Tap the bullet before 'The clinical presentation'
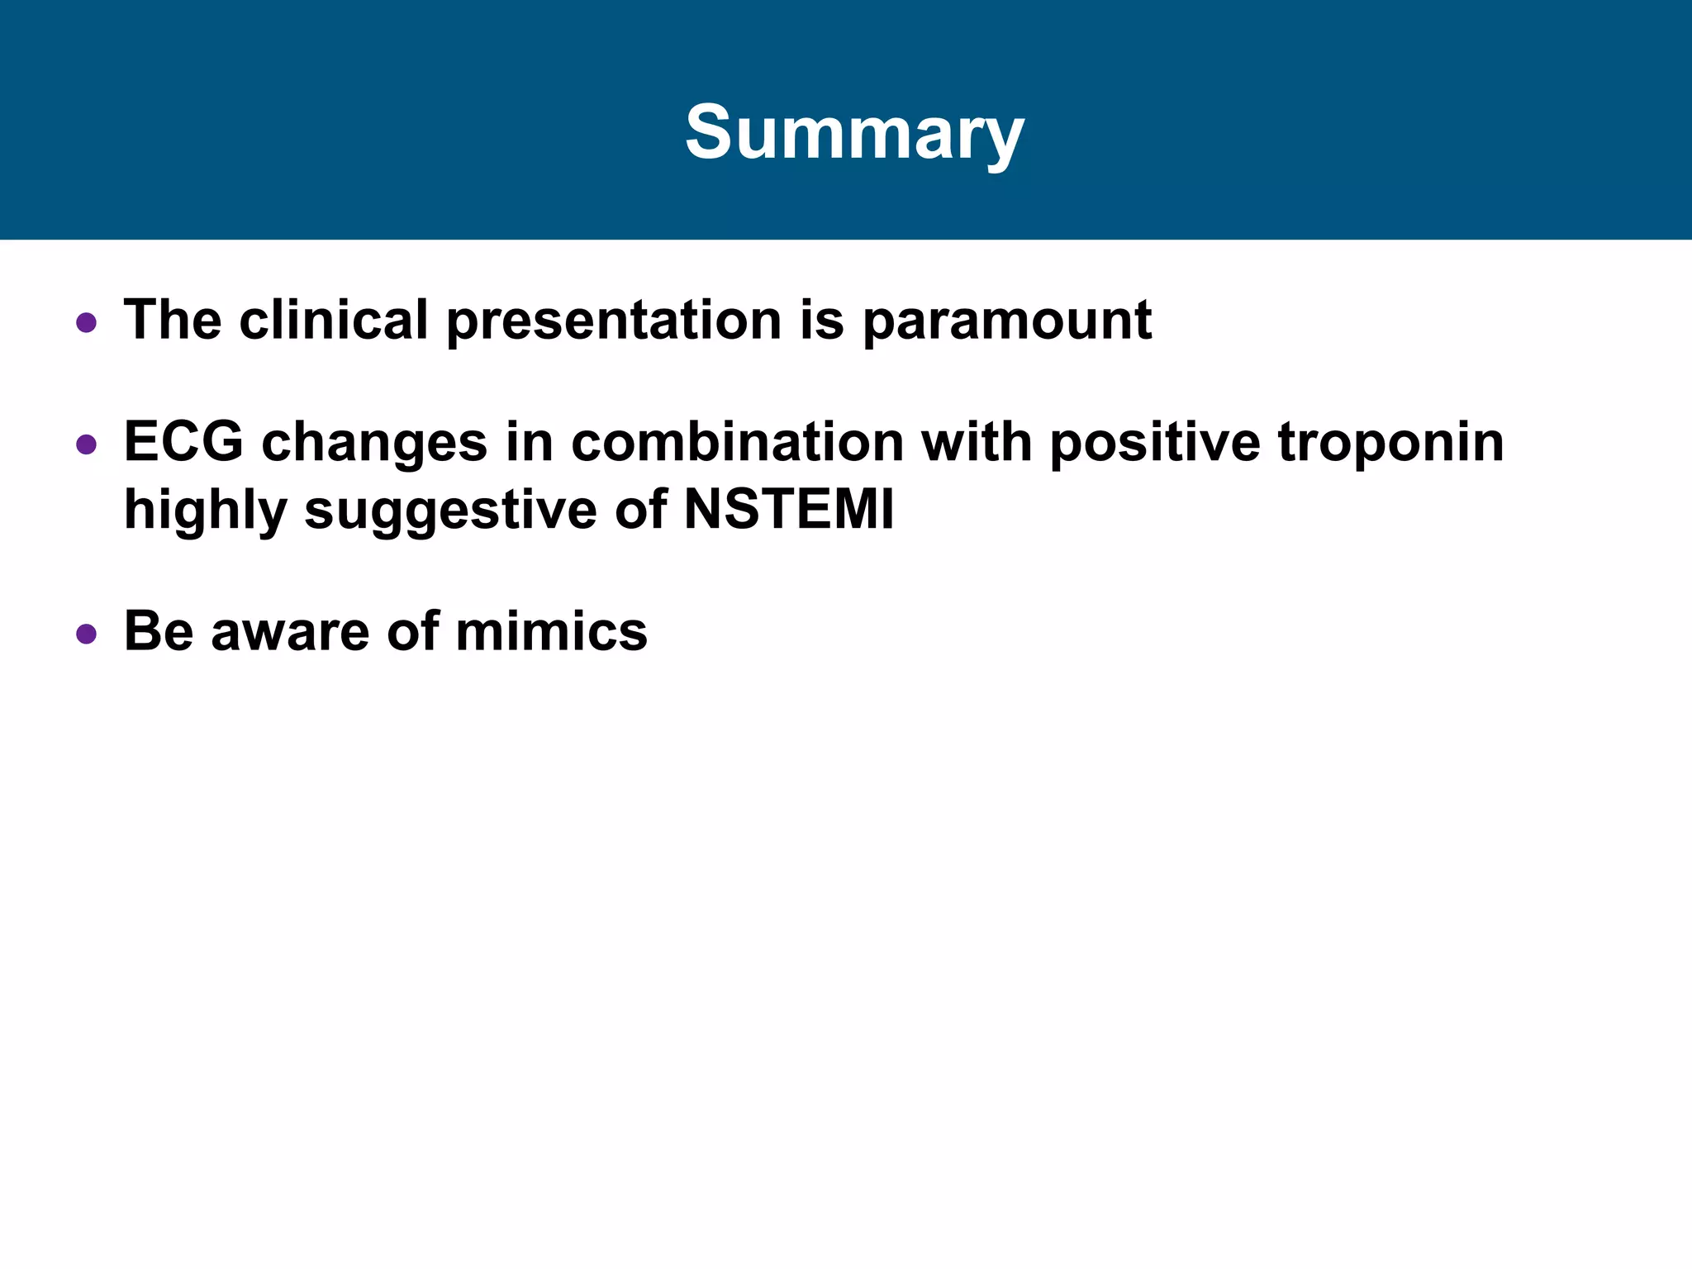[86, 322]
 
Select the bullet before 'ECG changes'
[86, 445]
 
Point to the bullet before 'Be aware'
[86, 634]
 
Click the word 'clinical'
[333, 320]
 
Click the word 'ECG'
[183, 442]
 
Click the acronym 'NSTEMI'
[789, 510]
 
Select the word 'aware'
[290, 632]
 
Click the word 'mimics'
[551, 632]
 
